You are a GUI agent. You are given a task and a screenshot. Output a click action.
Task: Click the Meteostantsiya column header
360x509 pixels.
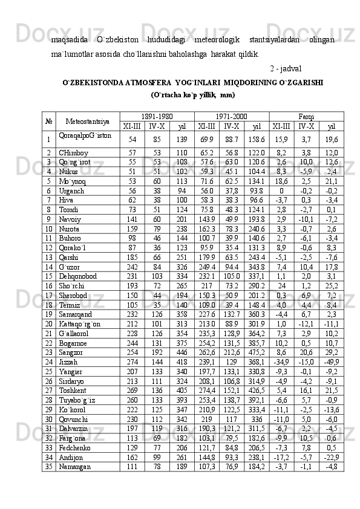pyautogui.click(x=88, y=121)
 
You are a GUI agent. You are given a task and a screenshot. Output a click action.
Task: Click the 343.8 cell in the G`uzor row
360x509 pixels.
pyautogui.click(x=256, y=267)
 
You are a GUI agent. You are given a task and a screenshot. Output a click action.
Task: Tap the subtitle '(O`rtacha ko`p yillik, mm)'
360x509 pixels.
pyautogui.click(x=193, y=95)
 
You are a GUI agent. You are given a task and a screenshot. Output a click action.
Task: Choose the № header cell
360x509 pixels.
pyautogui.click(x=47, y=121)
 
